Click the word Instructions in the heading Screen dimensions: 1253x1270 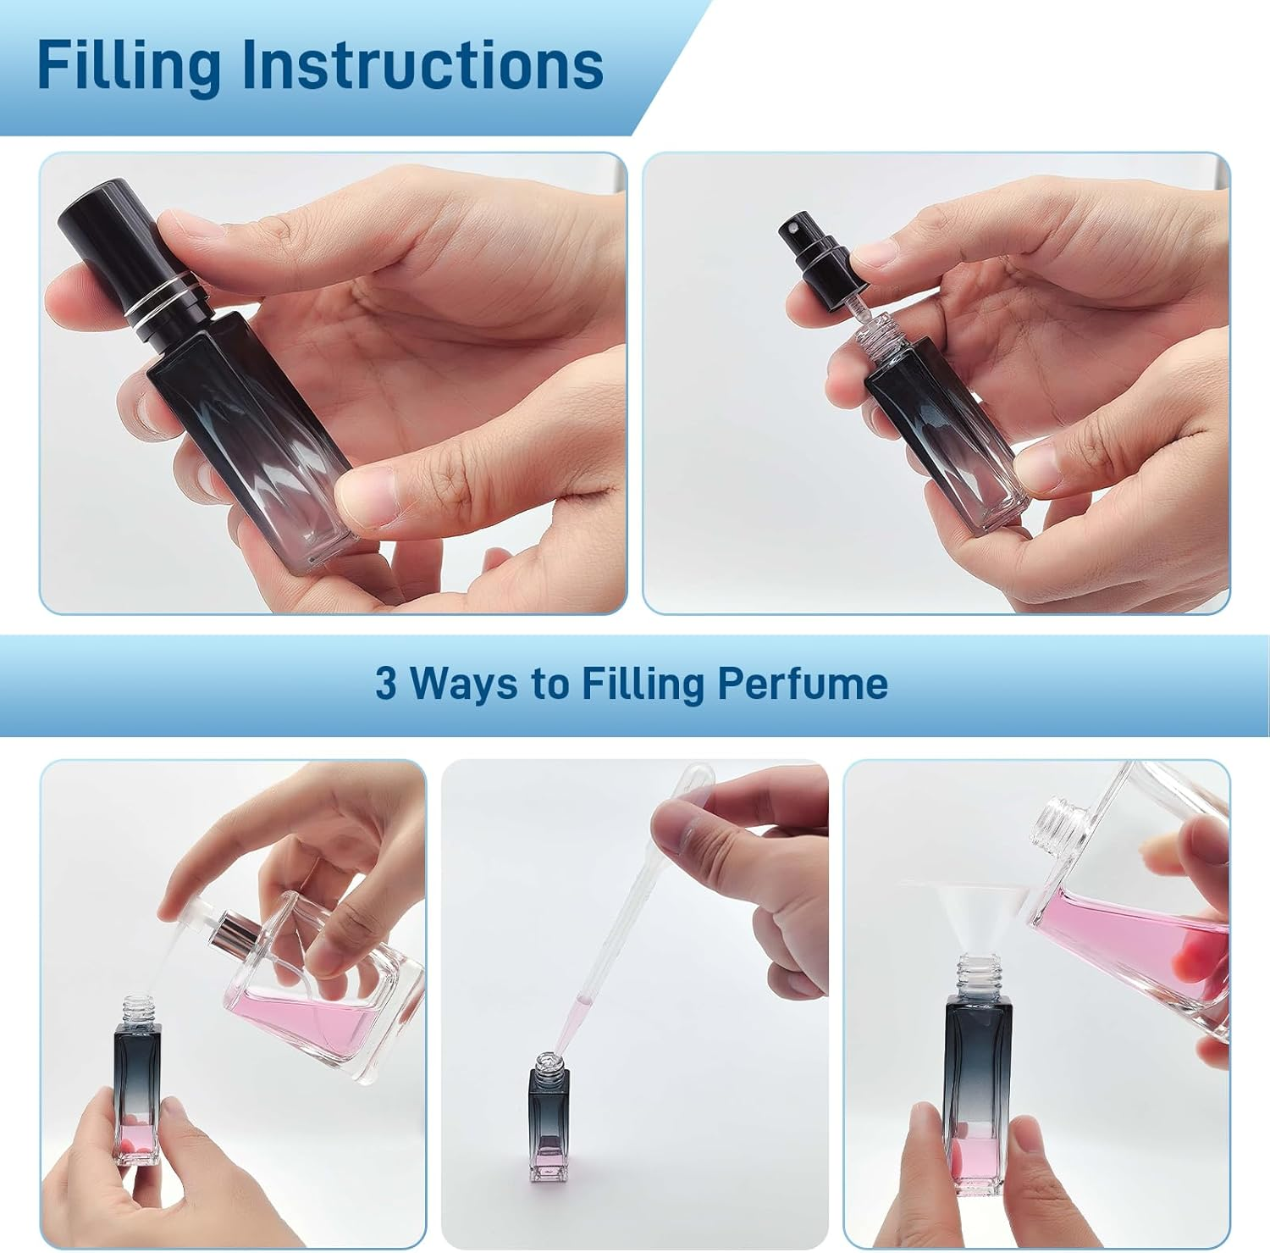point(422,65)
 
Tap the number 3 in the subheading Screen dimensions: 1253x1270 point(385,683)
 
